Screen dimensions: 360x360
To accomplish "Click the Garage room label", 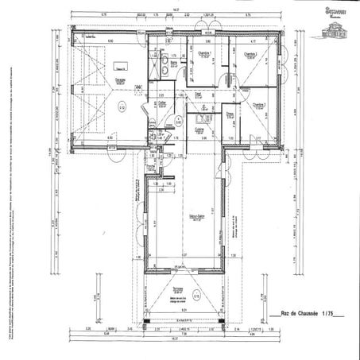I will [x=118, y=79].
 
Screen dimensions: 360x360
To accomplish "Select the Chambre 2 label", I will [x=250, y=54].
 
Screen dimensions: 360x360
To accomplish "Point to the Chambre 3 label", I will [x=259, y=104].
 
